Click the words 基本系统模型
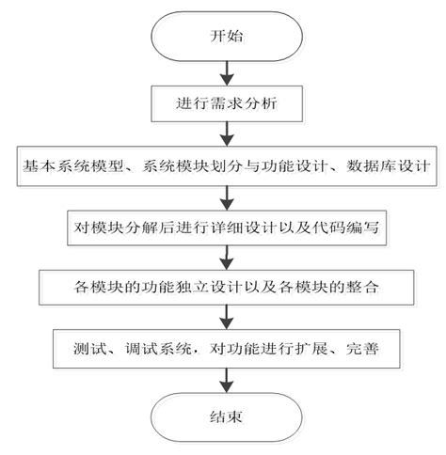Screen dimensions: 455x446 point(65,166)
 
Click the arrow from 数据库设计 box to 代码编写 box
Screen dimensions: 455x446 point(223,196)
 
